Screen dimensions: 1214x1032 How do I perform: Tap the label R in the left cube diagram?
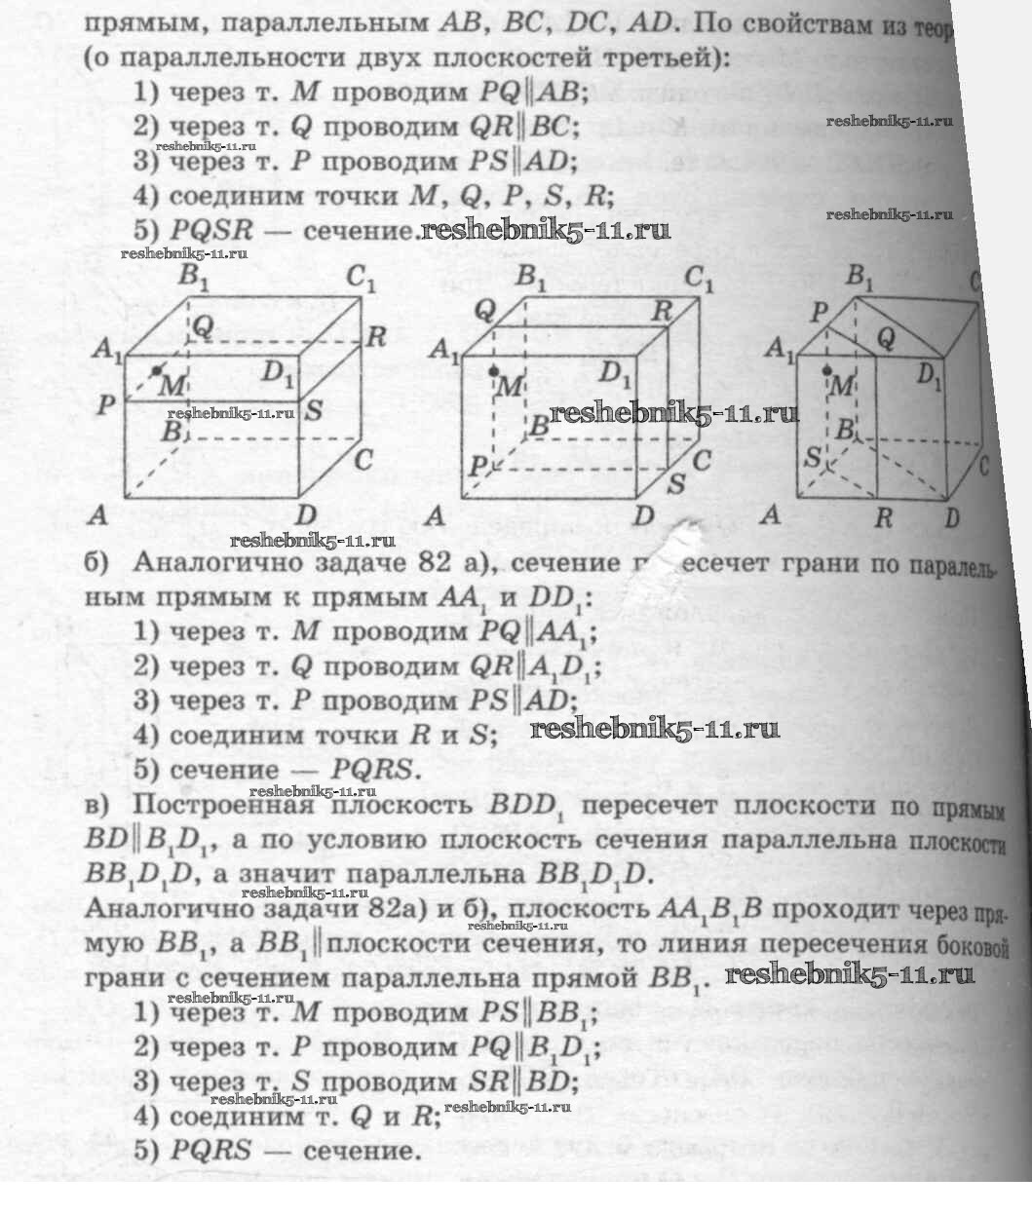point(376,338)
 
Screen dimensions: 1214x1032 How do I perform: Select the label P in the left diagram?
point(105,405)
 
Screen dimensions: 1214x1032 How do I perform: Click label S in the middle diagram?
point(675,483)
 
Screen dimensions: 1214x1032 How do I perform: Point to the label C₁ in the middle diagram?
point(699,280)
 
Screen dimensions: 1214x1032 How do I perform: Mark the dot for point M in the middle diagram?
point(495,371)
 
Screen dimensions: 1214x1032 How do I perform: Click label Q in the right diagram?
point(886,337)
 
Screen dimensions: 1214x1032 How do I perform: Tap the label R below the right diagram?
point(883,517)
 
